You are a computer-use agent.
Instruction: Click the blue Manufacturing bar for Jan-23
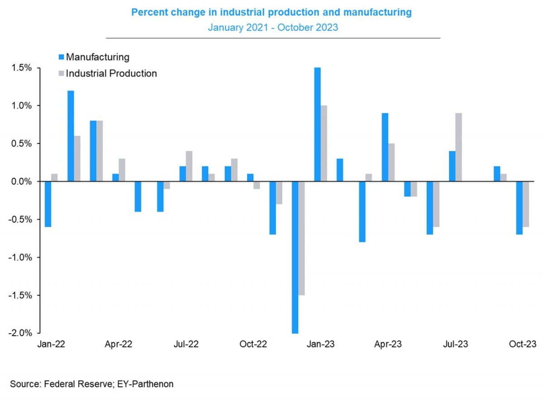click(x=318, y=124)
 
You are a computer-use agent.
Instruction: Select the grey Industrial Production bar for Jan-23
click(x=324, y=143)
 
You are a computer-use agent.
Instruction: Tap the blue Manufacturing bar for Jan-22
click(x=48, y=204)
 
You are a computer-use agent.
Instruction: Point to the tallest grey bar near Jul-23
click(x=459, y=147)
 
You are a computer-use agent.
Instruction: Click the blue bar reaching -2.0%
click(x=295, y=257)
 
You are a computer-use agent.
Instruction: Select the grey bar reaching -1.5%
click(x=301, y=238)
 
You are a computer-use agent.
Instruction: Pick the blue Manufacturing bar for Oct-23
click(x=519, y=208)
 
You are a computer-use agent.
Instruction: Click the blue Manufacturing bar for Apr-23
click(x=385, y=147)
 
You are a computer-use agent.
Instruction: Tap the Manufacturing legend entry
click(x=97, y=57)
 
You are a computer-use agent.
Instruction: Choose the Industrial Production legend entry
click(x=111, y=73)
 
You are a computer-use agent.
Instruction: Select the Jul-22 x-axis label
click(x=186, y=344)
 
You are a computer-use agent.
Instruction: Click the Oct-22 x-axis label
click(x=253, y=344)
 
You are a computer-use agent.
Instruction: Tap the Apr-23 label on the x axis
click(x=388, y=344)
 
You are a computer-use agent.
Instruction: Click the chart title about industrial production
click(x=271, y=12)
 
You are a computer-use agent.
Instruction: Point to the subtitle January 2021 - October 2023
click(x=273, y=27)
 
